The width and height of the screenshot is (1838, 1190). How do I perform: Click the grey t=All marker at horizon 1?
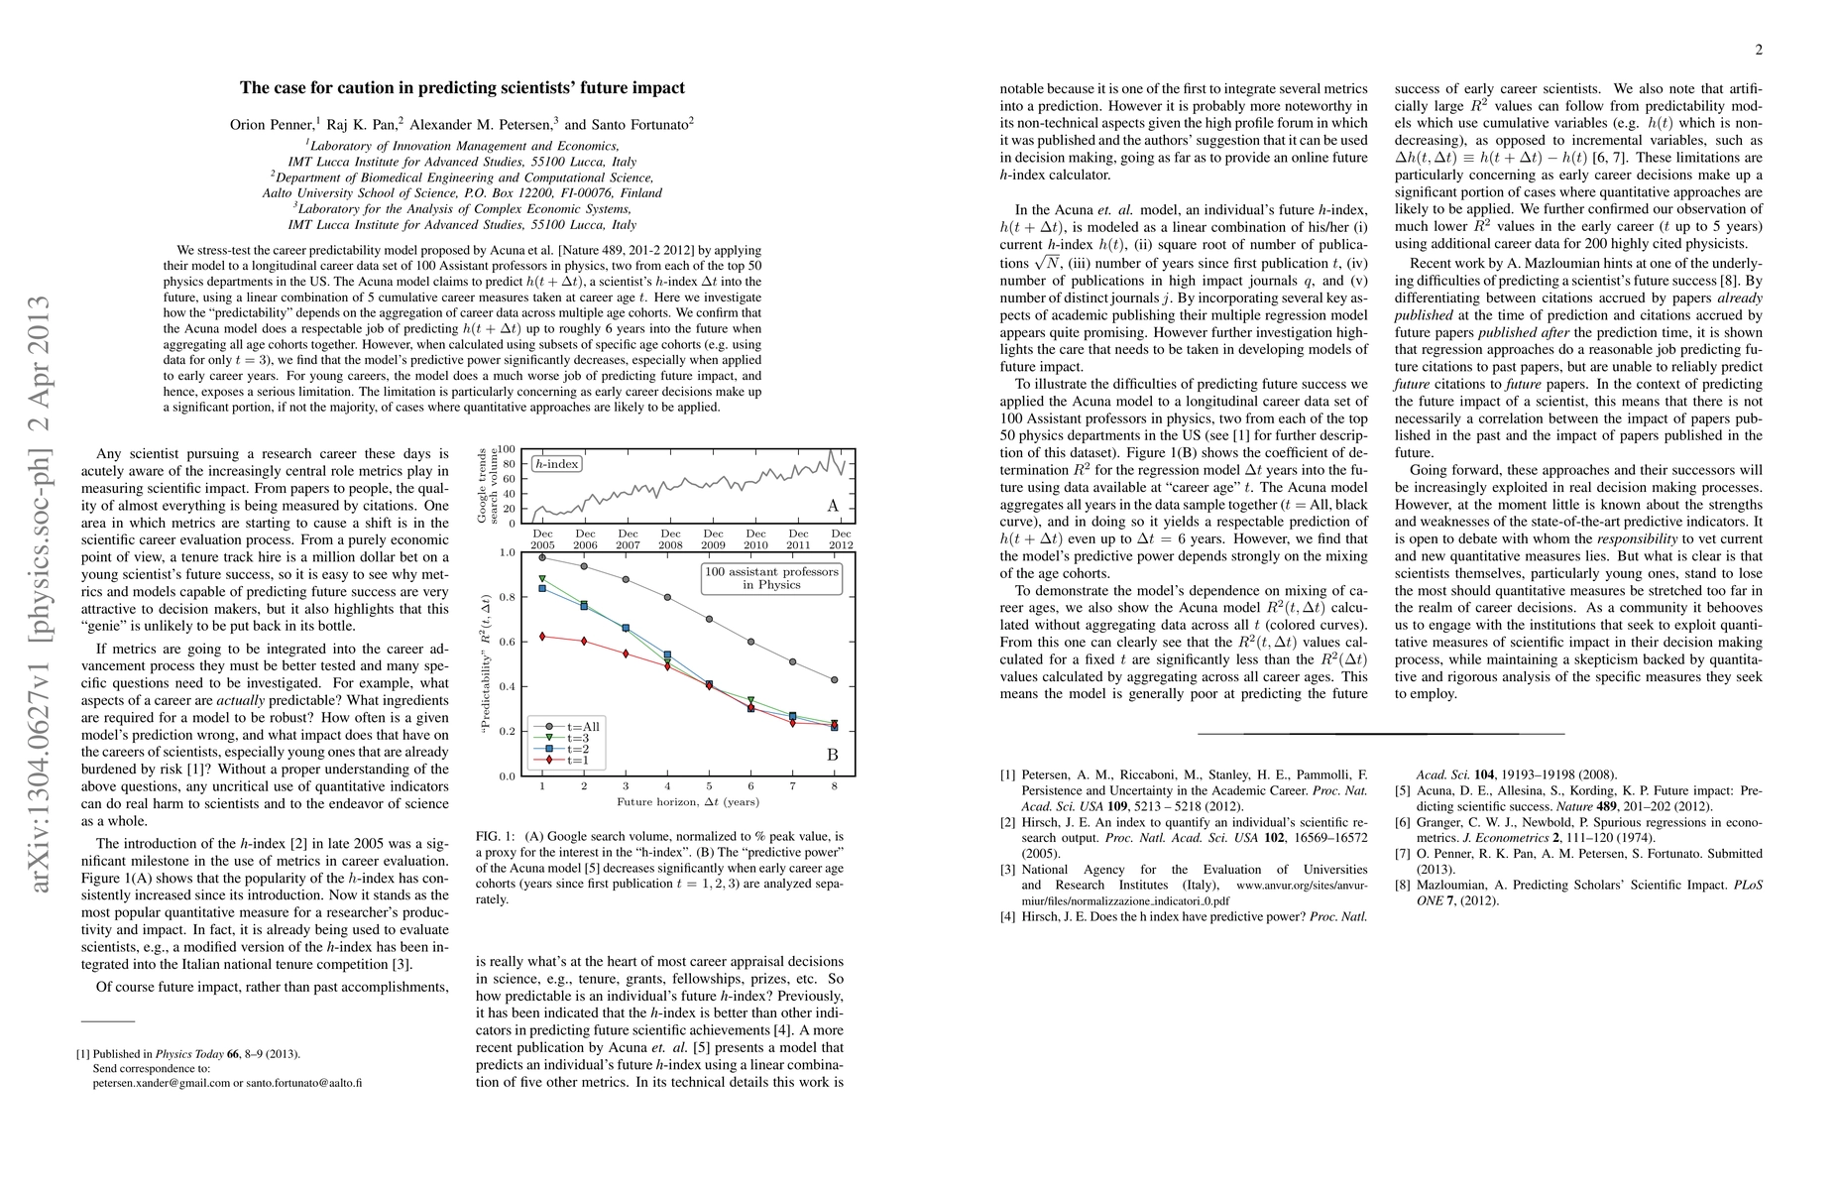[542, 557]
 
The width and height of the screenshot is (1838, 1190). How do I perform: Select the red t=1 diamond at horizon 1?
[542, 636]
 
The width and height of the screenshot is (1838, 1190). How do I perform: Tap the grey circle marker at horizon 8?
[835, 680]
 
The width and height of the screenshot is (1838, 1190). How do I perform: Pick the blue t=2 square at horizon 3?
[626, 628]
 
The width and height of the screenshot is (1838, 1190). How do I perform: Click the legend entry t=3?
[582, 738]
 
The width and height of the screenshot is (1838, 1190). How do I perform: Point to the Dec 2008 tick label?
[670, 539]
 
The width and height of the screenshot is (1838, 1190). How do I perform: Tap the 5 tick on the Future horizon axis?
[709, 785]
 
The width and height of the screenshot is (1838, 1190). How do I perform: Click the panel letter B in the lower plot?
[832, 756]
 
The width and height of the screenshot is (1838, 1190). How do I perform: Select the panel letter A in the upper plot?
[832, 506]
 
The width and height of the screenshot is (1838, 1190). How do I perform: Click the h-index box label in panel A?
[557, 463]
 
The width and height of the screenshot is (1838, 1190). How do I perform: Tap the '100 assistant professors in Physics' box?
[771, 578]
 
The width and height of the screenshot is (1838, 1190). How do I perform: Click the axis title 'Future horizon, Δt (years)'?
[688, 801]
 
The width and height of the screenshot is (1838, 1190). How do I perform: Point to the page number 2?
[1758, 51]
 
